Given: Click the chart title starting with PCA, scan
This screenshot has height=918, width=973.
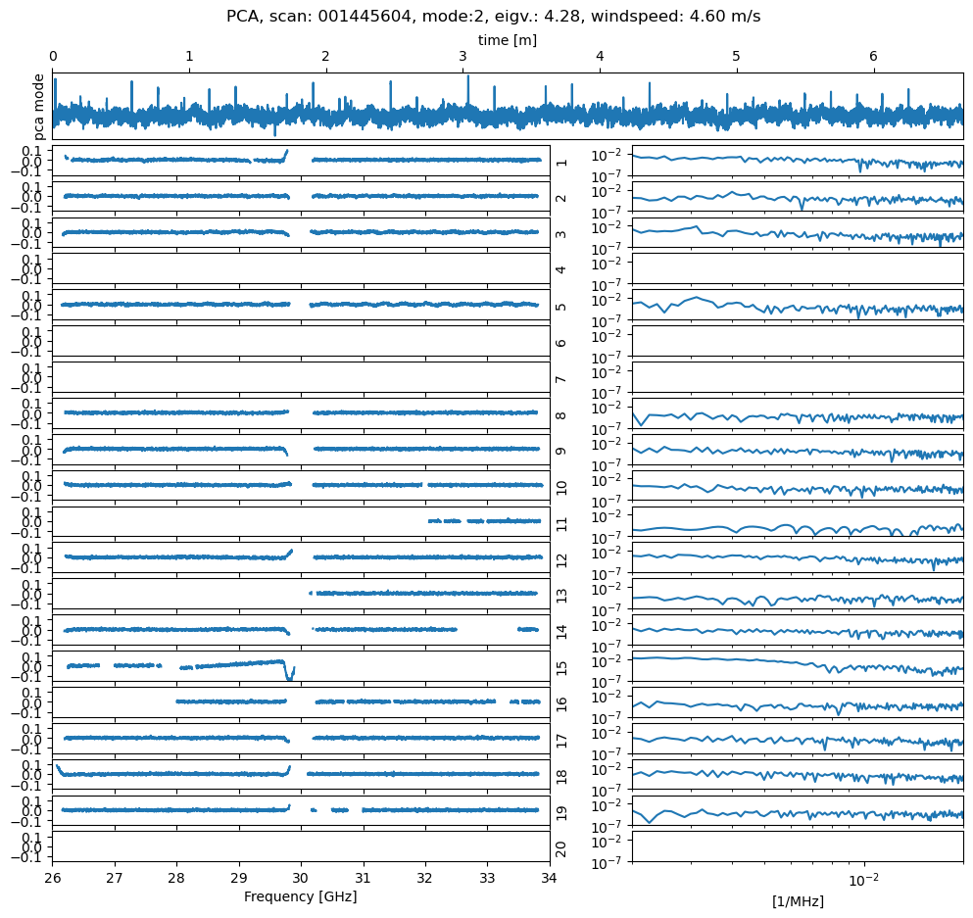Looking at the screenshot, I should [493, 16].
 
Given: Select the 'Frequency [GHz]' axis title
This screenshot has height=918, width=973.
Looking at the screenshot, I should [300, 895].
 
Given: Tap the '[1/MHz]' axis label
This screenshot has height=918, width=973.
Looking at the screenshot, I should [797, 901].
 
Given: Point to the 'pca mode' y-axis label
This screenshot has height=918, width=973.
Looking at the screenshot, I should [40, 103].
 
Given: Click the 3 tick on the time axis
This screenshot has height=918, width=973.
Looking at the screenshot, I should [462, 57].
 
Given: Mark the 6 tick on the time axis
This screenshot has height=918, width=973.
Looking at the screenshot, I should [873, 57].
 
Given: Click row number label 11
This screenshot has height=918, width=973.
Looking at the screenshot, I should [561, 522].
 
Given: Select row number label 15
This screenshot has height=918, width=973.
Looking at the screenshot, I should [561, 666].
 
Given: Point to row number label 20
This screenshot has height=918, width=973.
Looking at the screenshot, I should [561, 847].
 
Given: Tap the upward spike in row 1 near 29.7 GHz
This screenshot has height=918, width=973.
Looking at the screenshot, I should [285, 153].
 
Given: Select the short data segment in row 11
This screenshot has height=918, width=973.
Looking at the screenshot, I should [485, 520].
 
